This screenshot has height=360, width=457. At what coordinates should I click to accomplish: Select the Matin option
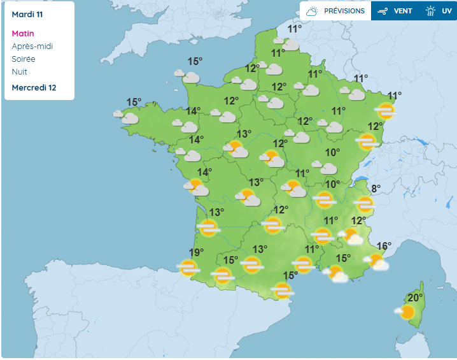pyautogui.click(x=23, y=33)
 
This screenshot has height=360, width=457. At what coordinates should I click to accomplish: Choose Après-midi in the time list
pyautogui.click(x=32, y=46)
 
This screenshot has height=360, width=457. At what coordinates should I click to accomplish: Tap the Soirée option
pyautogui.click(x=24, y=59)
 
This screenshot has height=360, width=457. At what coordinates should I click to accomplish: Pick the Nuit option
pyautogui.click(x=20, y=71)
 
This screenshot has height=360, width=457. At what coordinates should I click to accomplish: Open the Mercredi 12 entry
pyautogui.click(x=34, y=87)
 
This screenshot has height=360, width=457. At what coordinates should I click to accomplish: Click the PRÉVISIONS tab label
pyautogui.click(x=344, y=11)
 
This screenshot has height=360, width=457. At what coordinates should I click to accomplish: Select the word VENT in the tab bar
pyautogui.click(x=403, y=11)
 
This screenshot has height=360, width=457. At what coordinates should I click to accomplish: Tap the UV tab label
pyautogui.click(x=446, y=11)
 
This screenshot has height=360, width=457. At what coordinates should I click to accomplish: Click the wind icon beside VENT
pyautogui.click(x=383, y=11)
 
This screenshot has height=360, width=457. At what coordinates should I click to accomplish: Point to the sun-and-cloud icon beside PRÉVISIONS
pyautogui.click(x=312, y=11)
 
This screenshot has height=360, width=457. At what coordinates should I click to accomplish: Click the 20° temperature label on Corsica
pyautogui.click(x=416, y=298)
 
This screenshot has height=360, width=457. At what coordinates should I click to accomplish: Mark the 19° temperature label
pyautogui.click(x=196, y=253)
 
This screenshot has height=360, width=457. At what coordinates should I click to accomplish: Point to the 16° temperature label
pyautogui.click(x=384, y=246)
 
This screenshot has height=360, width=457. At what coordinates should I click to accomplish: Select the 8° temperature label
pyautogui.click(x=376, y=189)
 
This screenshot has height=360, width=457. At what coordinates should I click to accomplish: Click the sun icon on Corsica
pyautogui.click(x=406, y=312)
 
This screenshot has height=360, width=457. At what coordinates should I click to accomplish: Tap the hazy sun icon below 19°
pyautogui.click(x=188, y=268)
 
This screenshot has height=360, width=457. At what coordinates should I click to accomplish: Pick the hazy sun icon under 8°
pyautogui.click(x=365, y=205)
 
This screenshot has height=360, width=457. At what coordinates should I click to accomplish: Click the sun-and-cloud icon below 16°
pyautogui.click(x=377, y=262)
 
